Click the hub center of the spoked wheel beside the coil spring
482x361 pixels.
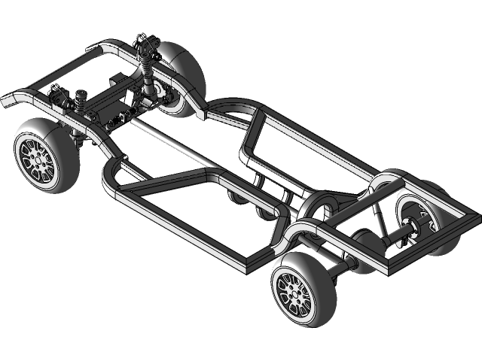tap(37, 158)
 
